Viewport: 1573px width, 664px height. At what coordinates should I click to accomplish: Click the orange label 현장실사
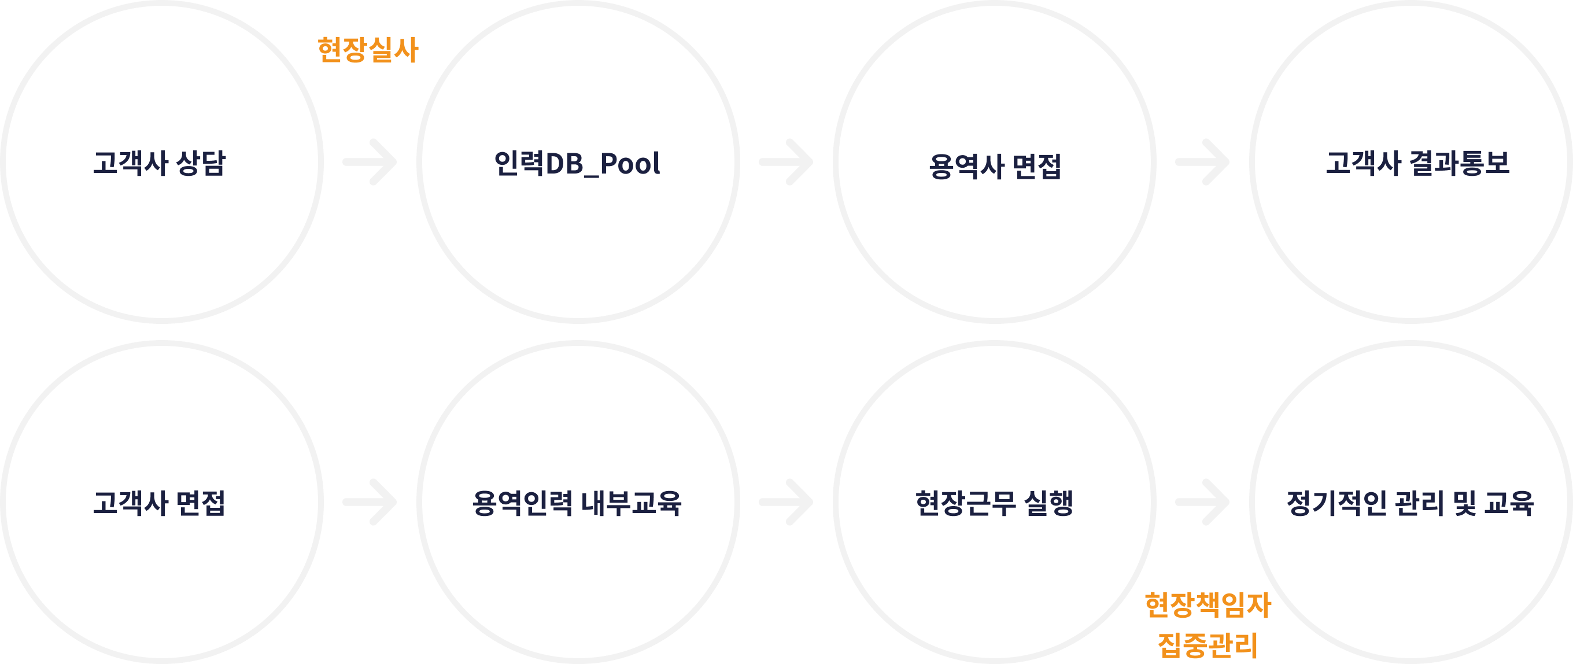click(x=368, y=50)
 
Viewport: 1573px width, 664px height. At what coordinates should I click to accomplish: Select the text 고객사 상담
click(x=160, y=163)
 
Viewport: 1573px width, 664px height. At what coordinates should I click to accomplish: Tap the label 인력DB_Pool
click(x=577, y=164)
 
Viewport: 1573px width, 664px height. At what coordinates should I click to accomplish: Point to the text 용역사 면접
click(x=995, y=166)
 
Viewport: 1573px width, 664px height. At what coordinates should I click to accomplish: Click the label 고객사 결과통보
click(x=1417, y=163)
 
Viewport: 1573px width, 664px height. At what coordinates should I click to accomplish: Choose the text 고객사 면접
click(x=160, y=503)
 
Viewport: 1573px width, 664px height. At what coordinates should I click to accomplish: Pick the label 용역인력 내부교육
click(x=577, y=503)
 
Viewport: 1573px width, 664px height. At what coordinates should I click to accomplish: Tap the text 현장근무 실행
click(x=994, y=503)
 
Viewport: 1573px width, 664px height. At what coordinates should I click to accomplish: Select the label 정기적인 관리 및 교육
click(x=1410, y=503)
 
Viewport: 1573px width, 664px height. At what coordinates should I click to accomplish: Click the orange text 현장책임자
click(x=1208, y=605)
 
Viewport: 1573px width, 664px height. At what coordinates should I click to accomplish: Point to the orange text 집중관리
click(x=1208, y=645)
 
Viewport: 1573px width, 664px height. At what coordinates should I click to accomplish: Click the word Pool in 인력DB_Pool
click(x=630, y=164)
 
